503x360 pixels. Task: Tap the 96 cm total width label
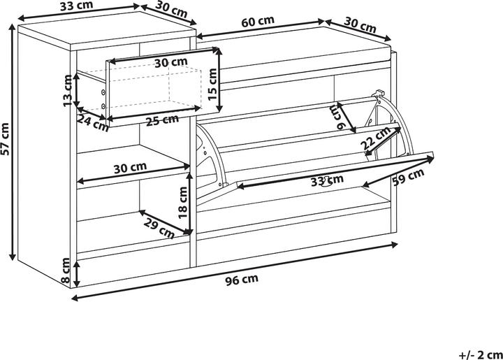click(x=242, y=280)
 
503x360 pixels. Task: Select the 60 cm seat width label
click(x=258, y=21)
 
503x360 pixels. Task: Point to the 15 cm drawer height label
click(x=212, y=84)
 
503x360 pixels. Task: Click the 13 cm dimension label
click(x=67, y=90)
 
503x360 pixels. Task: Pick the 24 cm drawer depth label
click(x=93, y=123)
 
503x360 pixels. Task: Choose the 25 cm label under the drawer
click(x=162, y=120)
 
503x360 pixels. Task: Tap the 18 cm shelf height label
click(x=182, y=203)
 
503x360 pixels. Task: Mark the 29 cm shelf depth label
click(x=159, y=228)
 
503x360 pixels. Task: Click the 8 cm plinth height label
click(x=65, y=270)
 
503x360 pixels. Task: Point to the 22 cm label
click(x=375, y=138)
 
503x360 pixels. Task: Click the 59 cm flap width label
click(x=408, y=176)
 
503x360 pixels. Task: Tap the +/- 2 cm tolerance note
click(x=481, y=355)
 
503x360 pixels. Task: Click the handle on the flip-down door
click(x=326, y=181)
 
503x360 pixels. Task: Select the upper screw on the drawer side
click(x=103, y=92)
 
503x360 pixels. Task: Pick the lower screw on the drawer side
click(x=103, y=106)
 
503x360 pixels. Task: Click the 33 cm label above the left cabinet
click(x=77, y=6)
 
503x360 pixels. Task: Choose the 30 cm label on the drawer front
click(x=171, y=63)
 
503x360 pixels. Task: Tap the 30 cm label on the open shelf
click(x=130, y=168)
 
